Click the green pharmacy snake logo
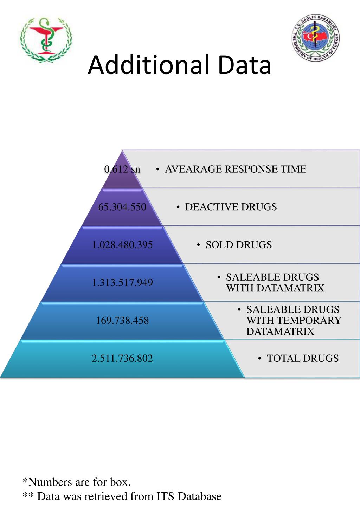coord(46,39)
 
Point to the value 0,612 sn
coord(122,169)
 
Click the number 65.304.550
coord(122,207)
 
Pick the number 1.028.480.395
coord(122,245)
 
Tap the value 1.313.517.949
coord(122,283)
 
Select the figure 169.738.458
coord(122,321)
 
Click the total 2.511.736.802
coord(122,358)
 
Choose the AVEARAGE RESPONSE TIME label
coord(236,169)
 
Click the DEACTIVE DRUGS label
coord(231,207)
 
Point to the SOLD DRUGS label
coord(239,245)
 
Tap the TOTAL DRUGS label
coord(303,358)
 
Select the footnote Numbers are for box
coord(77,482)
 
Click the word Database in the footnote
coord(199,496)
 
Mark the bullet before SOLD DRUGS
coord(199,245)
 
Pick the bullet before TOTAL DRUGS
coord(259,358)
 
